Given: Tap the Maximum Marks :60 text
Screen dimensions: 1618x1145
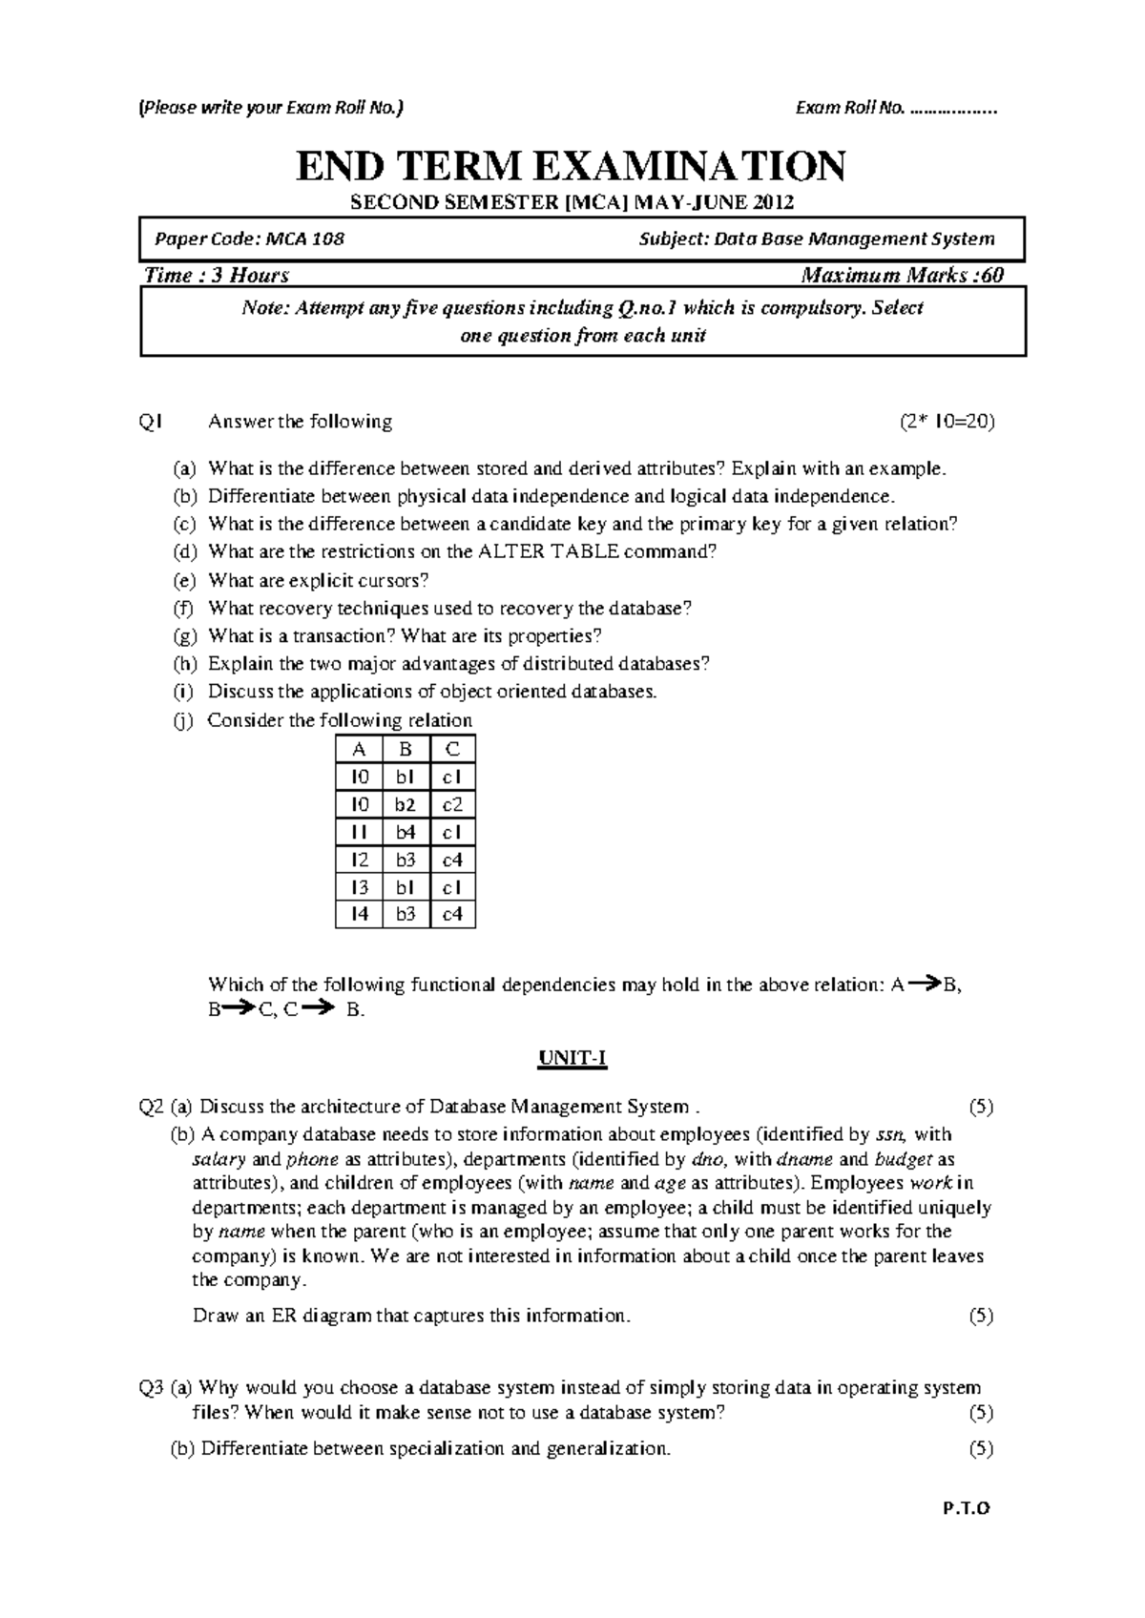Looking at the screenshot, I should coord(902,276).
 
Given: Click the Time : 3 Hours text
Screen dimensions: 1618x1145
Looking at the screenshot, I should coord(216,276).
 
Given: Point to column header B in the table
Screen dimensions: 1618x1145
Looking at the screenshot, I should coord(406,749).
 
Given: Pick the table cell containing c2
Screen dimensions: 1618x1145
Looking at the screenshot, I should coord(452,804).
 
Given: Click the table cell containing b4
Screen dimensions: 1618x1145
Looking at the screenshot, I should coord(406,832).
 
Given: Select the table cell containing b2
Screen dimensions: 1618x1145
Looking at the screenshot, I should coord(406,804).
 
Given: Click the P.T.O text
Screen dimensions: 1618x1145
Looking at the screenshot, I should coord(967,1509).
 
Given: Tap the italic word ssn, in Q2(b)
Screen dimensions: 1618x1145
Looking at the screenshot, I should coord(893,1134).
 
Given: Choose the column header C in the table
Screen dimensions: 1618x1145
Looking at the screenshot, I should coord(452,749).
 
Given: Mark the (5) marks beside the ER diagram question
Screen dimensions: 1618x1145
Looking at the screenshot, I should coord(980,1316).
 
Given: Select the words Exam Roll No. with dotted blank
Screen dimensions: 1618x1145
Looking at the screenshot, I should coord(895,108).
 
